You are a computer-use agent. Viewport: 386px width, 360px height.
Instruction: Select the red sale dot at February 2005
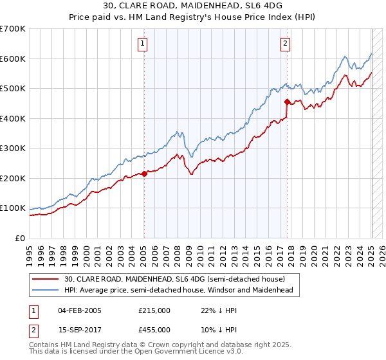[144, 173]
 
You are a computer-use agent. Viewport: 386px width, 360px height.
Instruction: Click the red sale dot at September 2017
[286, 102]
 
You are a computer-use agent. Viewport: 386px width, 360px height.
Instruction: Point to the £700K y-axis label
[13, 29]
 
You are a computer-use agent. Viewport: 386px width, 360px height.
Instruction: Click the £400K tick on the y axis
[13, 118]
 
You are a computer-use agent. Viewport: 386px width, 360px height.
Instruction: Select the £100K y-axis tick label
[13, 208]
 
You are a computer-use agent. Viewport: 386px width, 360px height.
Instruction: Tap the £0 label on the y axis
[20, 238]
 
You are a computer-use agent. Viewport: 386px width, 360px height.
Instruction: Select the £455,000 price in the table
[154, 329]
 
